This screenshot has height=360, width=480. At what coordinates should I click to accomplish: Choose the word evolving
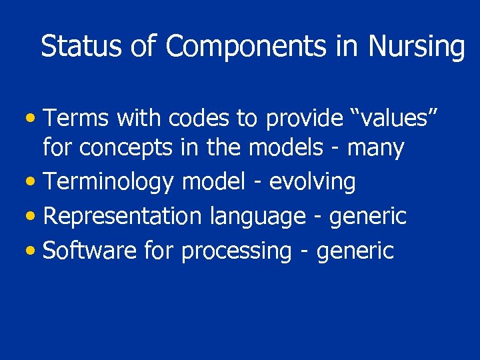(312, 181)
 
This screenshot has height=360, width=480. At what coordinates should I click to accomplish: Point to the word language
(257, 217)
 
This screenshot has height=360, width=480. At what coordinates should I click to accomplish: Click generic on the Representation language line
(367, 217)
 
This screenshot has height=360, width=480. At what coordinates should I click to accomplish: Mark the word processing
(236, 251)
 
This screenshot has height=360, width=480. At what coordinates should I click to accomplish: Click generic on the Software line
(355, 251)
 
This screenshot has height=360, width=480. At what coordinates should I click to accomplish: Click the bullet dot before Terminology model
(33, 182)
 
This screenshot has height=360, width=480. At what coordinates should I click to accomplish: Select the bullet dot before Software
(33, 251)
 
